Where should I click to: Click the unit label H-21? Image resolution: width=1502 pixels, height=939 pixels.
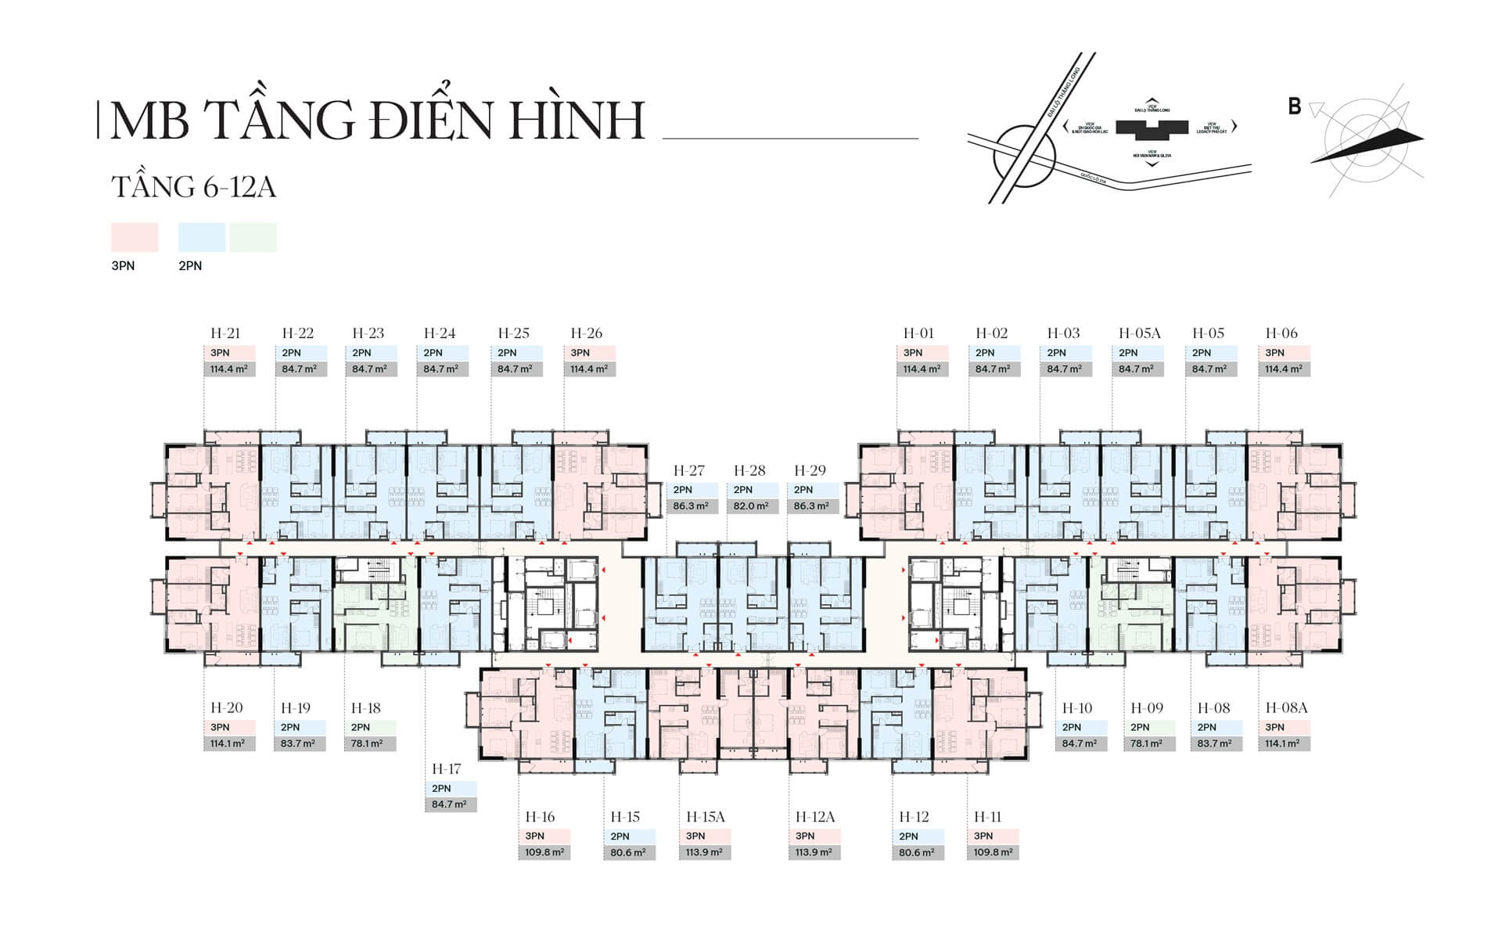point(225,333)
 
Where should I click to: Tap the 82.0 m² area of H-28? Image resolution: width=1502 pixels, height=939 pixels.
point(752,506)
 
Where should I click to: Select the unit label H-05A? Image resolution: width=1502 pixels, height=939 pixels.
point(1139,333)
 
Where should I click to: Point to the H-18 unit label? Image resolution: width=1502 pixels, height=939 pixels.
point(365,708)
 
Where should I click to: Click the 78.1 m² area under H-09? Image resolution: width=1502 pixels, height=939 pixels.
point(1148,743)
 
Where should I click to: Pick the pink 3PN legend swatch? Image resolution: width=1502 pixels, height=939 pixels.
point(135,237)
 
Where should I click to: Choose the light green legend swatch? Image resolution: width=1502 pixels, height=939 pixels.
point(253,237)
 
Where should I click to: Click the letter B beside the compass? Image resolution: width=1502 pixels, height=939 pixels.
point(1295,107)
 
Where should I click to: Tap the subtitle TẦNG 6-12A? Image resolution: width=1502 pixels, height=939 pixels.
point(193,188)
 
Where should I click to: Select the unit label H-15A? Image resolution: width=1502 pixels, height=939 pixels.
point(705,817)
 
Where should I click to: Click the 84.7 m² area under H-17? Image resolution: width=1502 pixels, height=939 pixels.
point(450,804)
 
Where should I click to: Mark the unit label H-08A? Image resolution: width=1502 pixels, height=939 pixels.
point(1286,708)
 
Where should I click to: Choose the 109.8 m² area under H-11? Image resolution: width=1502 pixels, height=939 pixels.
point(994,853)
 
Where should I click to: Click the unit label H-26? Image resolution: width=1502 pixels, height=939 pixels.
point(586,333)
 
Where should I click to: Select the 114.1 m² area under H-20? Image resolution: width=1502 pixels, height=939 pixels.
point(228,743)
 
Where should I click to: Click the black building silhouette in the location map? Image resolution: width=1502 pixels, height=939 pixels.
point(1152,128)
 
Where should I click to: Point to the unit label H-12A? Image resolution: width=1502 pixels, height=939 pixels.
point(815,817)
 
